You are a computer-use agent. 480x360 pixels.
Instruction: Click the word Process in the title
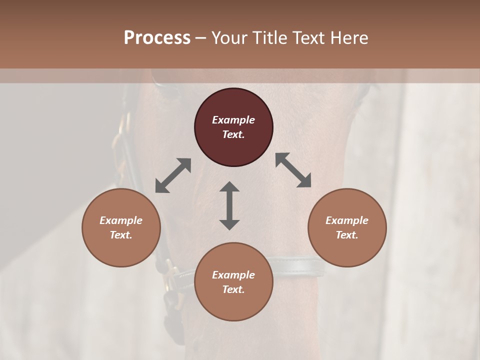pos(157,38)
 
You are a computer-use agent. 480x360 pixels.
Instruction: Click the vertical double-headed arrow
pos(229,205)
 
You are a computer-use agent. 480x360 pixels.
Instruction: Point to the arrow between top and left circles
pos(173,175)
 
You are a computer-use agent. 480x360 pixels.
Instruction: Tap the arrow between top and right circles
pos(293,170)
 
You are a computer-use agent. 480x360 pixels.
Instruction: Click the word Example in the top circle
pos(233,120)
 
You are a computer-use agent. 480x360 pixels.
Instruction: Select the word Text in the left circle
pos(121,235)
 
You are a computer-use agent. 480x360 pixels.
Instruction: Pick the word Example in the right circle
pos(347,220)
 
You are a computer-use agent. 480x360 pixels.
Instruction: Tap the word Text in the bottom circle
pos(233,289)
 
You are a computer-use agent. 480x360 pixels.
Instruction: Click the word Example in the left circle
pos(121,220)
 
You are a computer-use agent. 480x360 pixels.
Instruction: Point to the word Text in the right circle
pos(347,235)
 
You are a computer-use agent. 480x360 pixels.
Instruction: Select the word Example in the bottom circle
pos(233,275)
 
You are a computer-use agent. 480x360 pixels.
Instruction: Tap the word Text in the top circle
pos(233,134)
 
